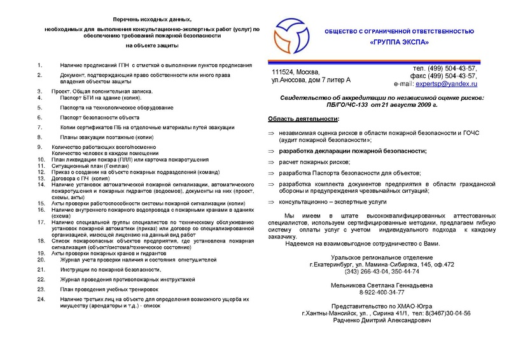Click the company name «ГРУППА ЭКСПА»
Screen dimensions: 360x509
[x=399, y=43]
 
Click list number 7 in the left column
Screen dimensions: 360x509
[x=39, y=127]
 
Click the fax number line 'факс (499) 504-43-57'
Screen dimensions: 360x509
[x=445, y=76]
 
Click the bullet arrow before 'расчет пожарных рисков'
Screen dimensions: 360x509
[x=270, y=163]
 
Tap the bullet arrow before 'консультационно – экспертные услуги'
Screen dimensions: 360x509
[x=270, y=200]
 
